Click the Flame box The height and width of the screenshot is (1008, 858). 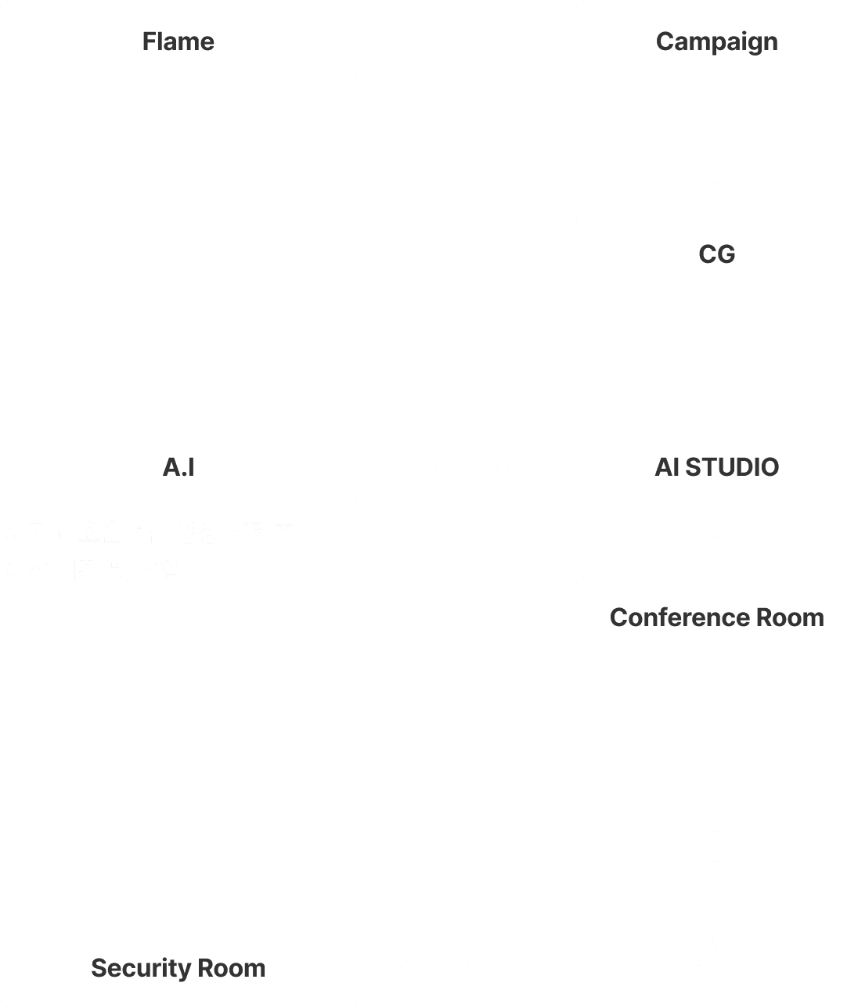[x=178, y=41]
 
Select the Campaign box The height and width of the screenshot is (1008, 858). [x=716, y=41]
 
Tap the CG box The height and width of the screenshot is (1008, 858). [x=716, y=254]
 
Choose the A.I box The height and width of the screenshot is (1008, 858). [x=178, y=466]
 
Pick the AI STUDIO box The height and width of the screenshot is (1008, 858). [x=716, y=466]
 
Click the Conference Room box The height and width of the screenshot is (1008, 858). [x=716, y=617]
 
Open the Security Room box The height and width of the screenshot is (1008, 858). [x=178, y=967]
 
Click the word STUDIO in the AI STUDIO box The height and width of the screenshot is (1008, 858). [x=732, y=467]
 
